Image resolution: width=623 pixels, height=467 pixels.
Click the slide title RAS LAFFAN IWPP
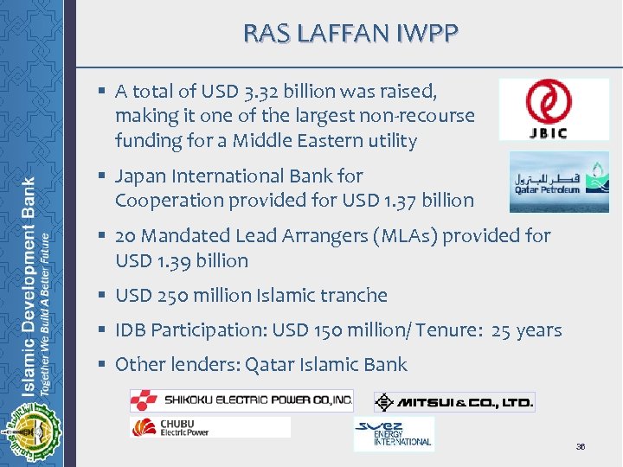(350, 34)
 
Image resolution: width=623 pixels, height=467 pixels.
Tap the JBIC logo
(554, 109)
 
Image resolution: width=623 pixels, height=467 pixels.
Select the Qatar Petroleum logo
(558, 182)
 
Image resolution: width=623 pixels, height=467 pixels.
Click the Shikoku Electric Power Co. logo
(241, 400)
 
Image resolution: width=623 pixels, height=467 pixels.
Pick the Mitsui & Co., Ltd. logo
(454, 402)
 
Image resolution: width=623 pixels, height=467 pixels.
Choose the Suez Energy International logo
(394, 432)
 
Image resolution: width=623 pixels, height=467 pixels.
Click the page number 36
(581, 446)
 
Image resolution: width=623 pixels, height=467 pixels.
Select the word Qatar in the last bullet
(270, 364)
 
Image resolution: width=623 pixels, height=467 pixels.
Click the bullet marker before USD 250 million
(103, 295)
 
